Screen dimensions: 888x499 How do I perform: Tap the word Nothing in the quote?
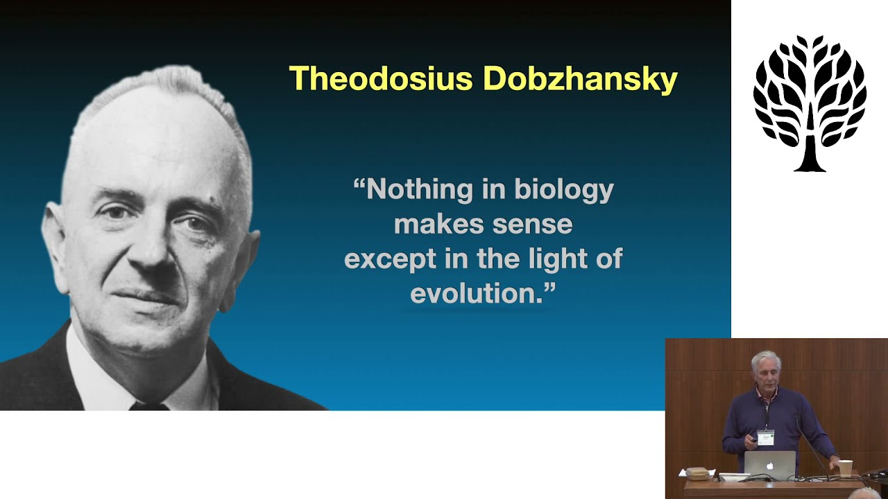coord(420,190)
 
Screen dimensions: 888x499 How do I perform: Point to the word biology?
coord(564,190)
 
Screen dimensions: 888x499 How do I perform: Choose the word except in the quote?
coord(390,259)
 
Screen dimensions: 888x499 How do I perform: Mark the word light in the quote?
coord(557,259)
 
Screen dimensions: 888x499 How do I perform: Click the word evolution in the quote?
coord(476,293)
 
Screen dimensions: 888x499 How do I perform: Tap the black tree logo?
coord(810,104)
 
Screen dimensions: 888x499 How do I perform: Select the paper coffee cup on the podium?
coord(845,469)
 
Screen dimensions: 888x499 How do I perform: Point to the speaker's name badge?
coord(765,437)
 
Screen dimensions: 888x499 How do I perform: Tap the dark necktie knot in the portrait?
coord(148,405)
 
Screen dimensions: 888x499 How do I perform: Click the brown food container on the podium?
coord(697,473)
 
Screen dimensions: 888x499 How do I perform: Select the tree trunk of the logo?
coord(810,148)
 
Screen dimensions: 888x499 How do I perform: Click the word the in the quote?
coord(498,259)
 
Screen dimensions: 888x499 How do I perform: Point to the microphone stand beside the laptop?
coord(812,448)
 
